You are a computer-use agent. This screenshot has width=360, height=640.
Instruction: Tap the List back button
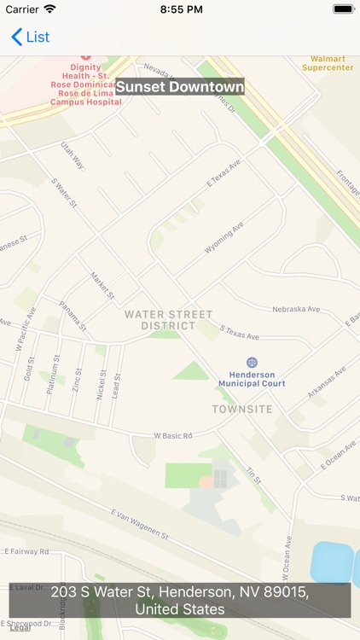tap(30, 37)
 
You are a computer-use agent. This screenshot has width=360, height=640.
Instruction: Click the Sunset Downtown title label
tap(180, 87)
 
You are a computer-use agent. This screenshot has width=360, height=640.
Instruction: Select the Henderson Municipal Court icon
tap(252, 363)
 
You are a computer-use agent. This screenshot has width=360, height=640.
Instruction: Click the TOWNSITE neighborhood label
tap(242, 410)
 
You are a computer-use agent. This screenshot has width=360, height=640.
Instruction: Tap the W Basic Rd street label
tap(173, 435)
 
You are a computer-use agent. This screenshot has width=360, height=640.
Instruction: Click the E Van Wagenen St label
tap(140, 524)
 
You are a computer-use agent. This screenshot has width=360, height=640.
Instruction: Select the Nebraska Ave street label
tap(295, 309)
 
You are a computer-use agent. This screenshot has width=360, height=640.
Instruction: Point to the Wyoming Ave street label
tap(224, 238)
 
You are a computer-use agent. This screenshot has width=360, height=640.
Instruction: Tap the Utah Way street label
tap(73, 155)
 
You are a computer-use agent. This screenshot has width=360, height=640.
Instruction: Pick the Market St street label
tap(102, 285)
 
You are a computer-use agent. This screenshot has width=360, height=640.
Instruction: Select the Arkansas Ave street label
tap(328, 375)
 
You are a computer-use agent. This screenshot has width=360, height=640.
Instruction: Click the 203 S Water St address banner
tap(180, 601)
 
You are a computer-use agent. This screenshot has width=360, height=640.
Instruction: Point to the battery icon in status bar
tap(343, 9)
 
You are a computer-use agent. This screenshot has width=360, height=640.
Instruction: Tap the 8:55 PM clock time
tap(180, 9)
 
